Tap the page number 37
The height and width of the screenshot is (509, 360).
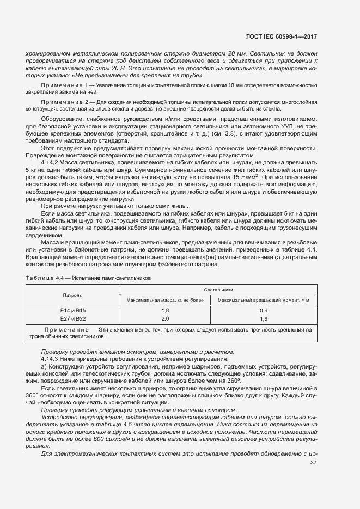tap(313, 463)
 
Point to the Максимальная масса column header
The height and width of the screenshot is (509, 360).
tap(164, 300)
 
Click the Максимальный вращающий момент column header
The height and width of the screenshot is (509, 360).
tap(263, 300)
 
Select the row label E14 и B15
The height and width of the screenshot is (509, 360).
tap(72, 310)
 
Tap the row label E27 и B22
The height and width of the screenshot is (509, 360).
tap(72, 318)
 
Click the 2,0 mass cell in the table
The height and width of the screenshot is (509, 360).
tap(165, 318)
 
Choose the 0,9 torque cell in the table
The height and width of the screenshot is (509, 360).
tap(263, 310)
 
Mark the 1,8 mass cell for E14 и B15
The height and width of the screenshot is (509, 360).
tap(165, 310)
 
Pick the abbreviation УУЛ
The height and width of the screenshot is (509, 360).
tap(291, 126)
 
